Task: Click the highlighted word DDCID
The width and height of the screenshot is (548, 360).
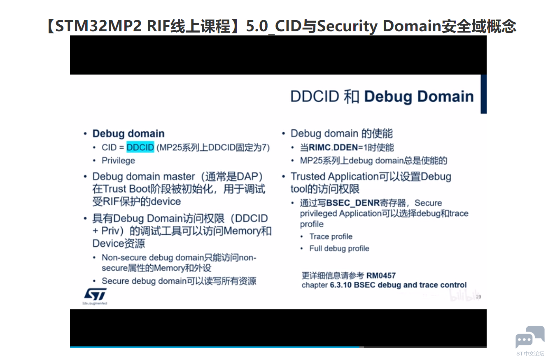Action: point(140,147)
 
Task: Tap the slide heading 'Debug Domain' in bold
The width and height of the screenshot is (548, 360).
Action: point(419,96)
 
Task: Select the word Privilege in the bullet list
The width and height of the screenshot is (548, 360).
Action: point(118,161)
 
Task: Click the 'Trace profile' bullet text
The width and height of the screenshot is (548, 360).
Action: point(331,236)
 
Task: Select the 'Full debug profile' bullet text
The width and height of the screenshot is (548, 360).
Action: point(339,248)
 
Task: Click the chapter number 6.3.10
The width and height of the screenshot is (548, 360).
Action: point(341,285)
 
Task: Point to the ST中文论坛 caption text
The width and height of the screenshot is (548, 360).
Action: point(530,353)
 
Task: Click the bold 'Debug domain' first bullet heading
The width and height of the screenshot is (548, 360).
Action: point(128,133)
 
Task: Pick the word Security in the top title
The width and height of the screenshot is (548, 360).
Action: point(347,26)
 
